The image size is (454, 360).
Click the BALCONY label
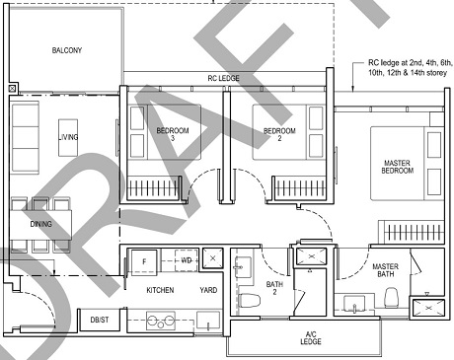click(x=67, y=50)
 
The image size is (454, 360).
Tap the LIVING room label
click(x=68, y=136)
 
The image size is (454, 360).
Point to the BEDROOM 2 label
click(x=278, y=135)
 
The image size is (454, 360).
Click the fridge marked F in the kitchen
click(x=145, y=260)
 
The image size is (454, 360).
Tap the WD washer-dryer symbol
click(x=186, y=259)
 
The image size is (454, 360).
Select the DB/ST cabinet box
click(x=99, y=320)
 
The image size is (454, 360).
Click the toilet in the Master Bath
click(x=391, y=297)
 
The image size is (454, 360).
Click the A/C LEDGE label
click(x=303, y=338)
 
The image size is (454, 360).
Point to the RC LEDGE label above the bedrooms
click(x=223, y=78)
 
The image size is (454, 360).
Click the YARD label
click(x=208, y=291)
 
